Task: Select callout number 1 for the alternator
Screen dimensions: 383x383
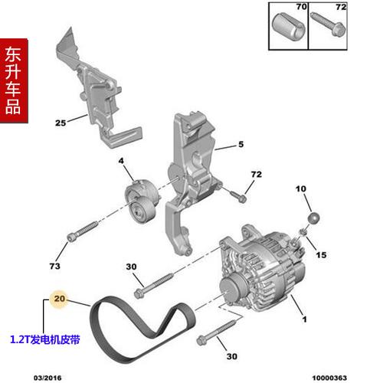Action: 304,319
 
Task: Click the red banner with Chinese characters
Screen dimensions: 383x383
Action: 14,80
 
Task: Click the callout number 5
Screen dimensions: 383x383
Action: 240,144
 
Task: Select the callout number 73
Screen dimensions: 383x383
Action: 54,266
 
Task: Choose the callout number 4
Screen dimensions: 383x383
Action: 120,160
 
